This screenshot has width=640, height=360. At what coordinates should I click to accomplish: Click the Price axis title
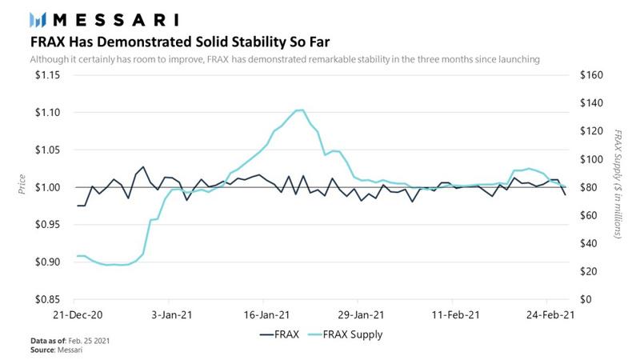coord(22,188)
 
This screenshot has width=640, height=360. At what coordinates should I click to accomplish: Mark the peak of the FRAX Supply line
coord(300,110)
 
